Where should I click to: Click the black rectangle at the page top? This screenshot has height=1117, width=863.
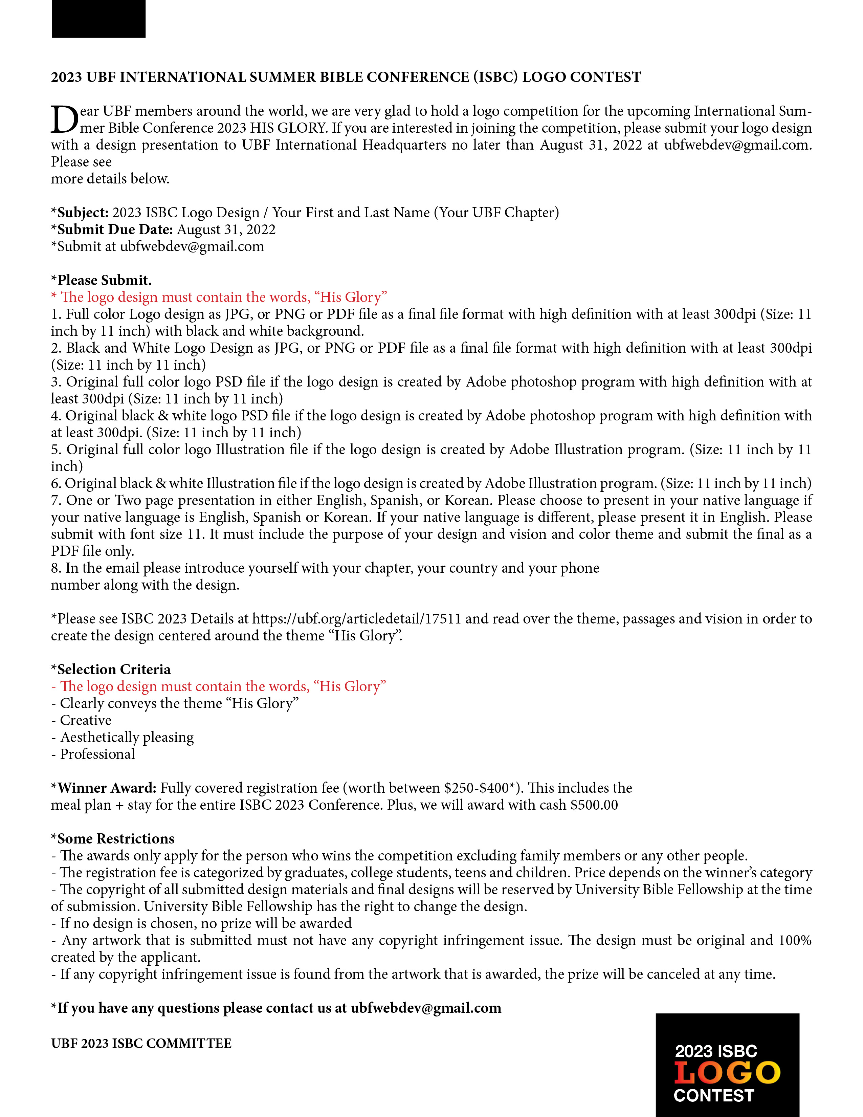tap(99, 19)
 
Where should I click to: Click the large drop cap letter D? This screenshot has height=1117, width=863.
tap(64, 120)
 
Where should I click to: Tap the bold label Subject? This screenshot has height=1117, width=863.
tap(83, 213)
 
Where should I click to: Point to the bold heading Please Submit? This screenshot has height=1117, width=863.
tap(104, 280)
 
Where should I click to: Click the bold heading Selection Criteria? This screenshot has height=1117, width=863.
tap(113, 670)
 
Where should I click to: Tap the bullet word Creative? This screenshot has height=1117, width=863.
tap(85, 720)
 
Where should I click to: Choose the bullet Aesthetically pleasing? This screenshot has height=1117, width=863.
tap(127, 737)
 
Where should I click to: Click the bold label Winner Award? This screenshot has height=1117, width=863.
tap(106, 788)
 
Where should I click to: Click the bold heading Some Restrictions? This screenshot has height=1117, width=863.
tap(115, 839)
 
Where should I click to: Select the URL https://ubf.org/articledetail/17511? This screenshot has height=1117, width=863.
tap(356, 619)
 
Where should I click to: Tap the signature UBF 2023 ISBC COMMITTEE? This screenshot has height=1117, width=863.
tap(141, 1043)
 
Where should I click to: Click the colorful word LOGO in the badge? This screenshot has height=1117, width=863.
tap(727, 1073)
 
